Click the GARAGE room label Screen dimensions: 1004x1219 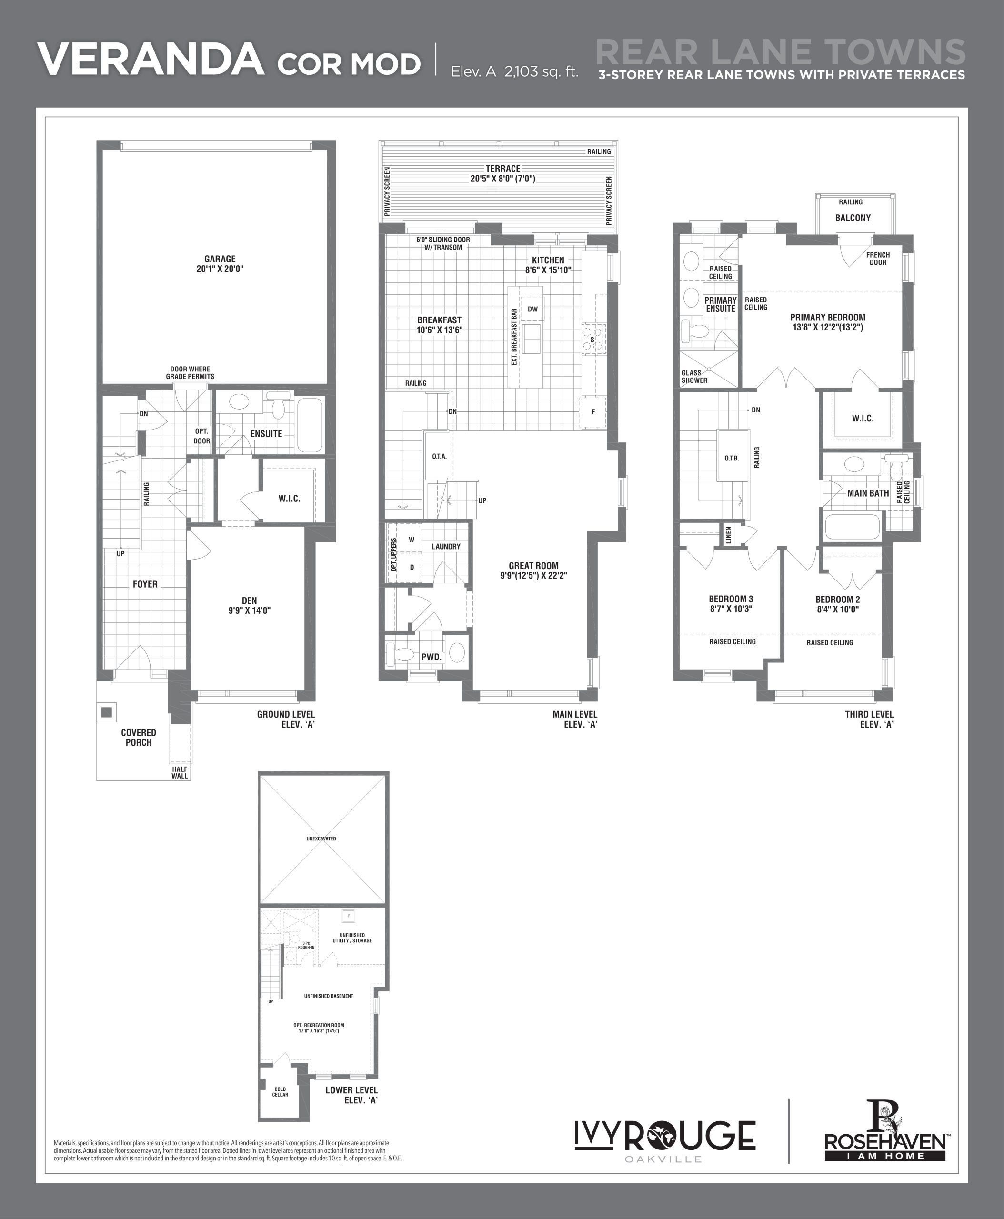coord(220,259)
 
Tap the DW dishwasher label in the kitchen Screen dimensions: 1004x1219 coord(532,309)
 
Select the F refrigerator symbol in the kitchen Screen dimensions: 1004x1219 coord(593,412)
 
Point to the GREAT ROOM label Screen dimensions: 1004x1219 coord(534,566)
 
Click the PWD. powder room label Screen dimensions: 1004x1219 coord(432,657)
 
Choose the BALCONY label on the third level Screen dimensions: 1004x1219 coord(853,218)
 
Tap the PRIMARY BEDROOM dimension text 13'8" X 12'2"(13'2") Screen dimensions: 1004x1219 coord(828,327)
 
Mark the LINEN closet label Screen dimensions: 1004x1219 coord(729,534)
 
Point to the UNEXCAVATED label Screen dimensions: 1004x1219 coord(321,839)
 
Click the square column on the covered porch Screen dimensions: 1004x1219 coord(106,712)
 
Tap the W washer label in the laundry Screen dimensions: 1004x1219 coord(412,540)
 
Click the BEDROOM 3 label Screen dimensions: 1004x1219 coord(731,599)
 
